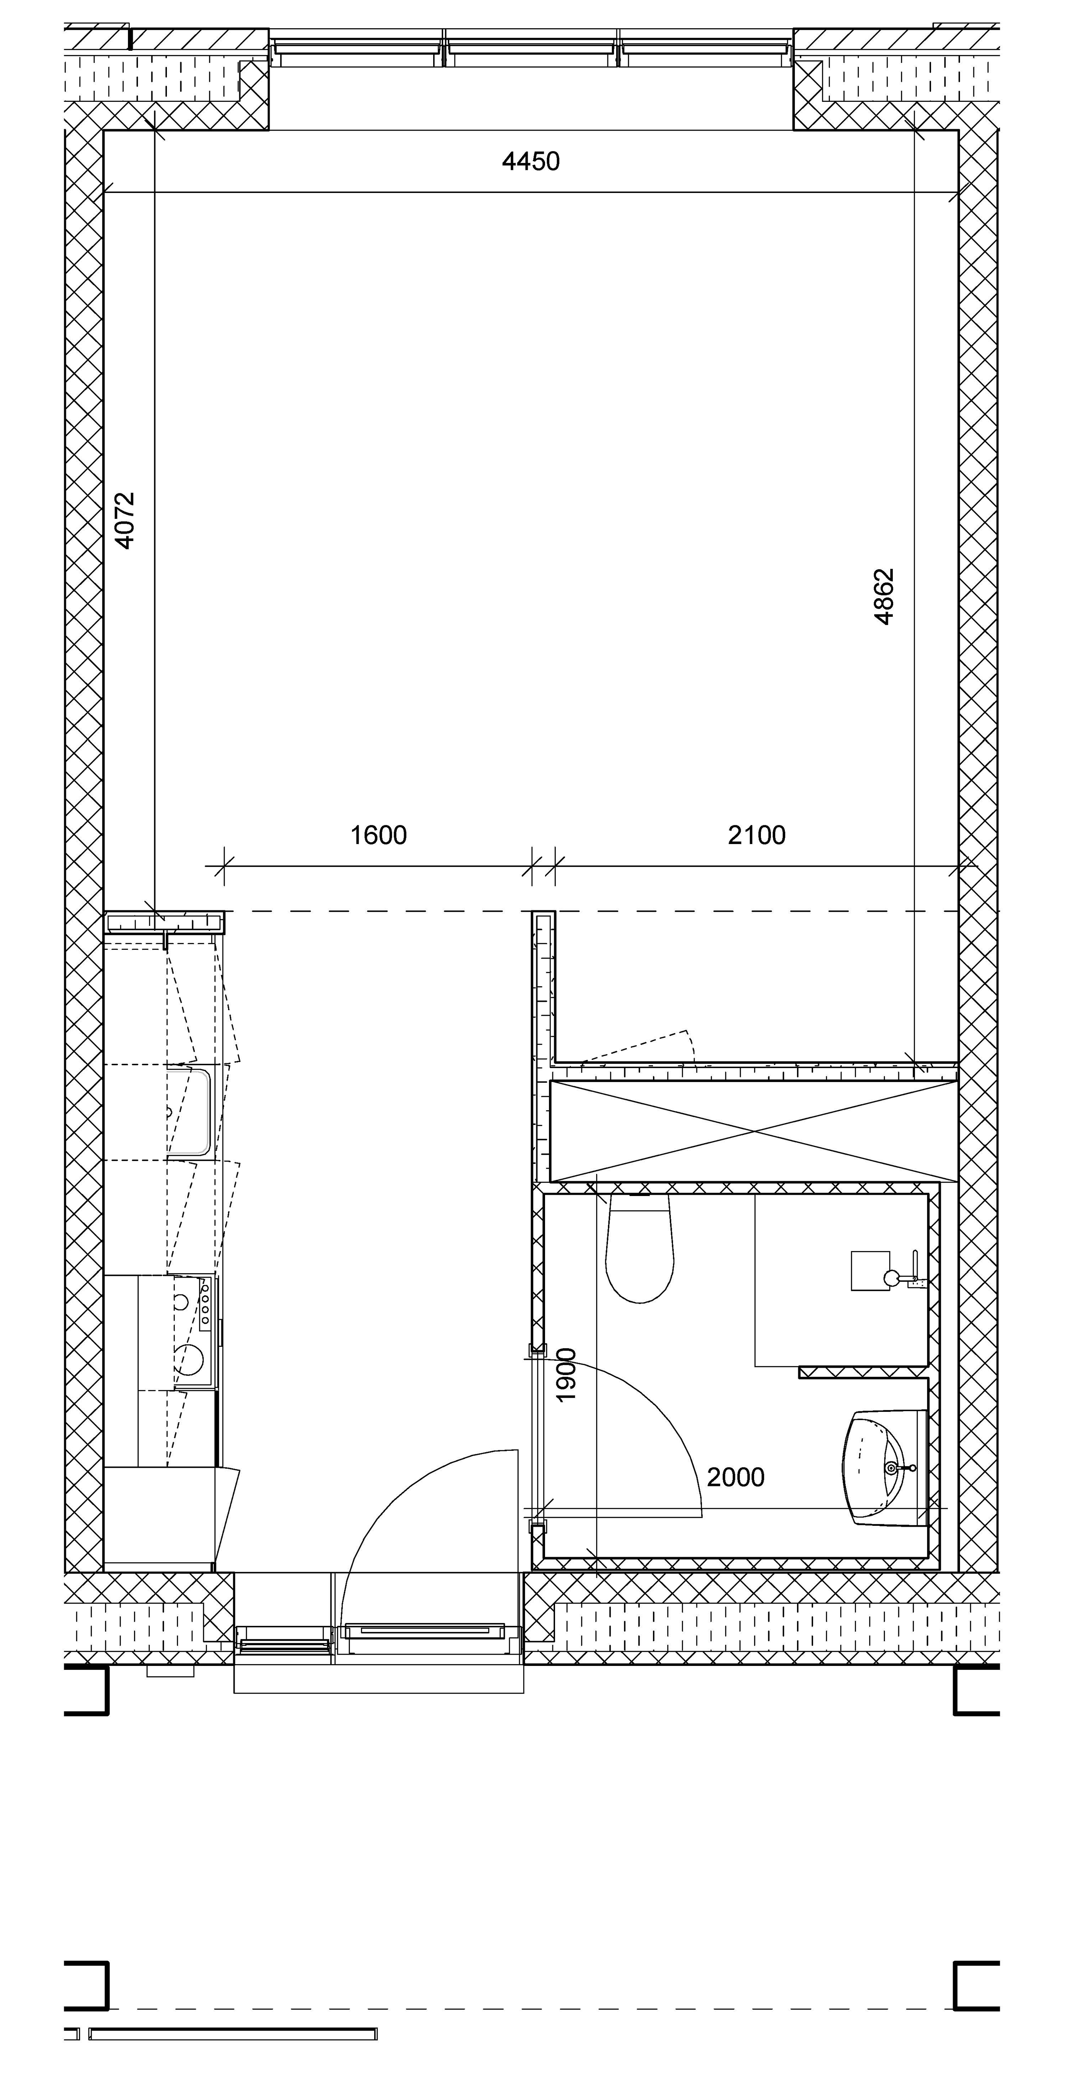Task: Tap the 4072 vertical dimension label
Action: pyautogui.click(x=124, y=521)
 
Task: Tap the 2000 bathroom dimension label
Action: pyautogui.click(x=735, y=1477)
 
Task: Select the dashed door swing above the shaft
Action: pyautogui.click(x=638, y=1048)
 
